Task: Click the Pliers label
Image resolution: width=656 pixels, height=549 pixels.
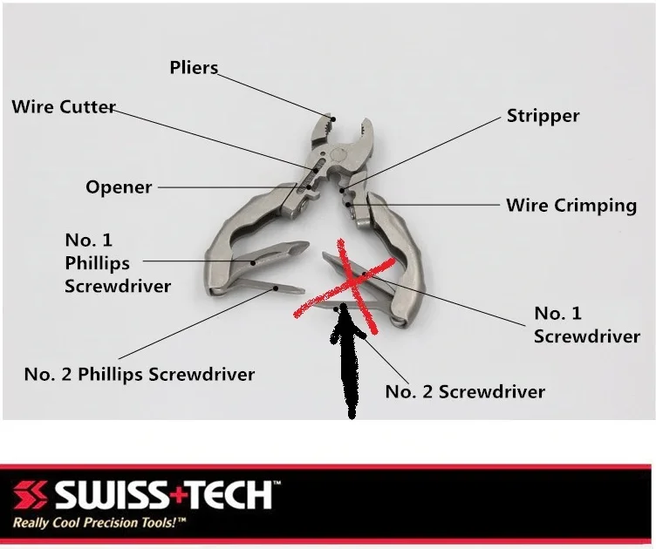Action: coord(194,67)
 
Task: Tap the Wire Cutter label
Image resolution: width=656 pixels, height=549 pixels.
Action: coord(64,107)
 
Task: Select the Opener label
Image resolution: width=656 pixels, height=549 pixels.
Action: coord(119,186)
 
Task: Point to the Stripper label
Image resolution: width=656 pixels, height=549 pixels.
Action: coord(543,116)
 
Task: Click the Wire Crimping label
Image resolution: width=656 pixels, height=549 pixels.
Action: coord(571,206)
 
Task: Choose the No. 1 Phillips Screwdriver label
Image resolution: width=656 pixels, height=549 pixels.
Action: coord(97,262)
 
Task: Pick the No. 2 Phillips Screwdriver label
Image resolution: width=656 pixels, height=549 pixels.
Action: coord(140,375)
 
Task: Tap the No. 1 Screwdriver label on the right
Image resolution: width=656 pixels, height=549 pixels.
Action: coord(586,324)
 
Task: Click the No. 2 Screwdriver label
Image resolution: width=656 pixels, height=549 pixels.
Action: coord(465,391)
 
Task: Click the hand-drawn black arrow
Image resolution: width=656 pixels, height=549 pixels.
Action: coord(348,366)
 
